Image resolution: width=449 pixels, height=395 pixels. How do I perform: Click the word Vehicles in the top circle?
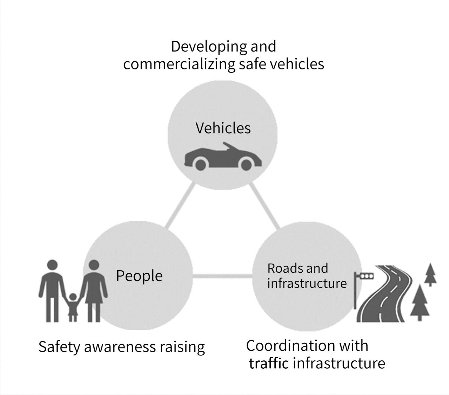(x=223, y=128)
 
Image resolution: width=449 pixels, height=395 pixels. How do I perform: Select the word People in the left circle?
(x=139, y=276)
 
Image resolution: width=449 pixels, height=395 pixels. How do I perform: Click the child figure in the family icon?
(x=73, y=306)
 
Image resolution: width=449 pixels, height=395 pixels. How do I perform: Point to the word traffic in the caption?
(x=269, y=363)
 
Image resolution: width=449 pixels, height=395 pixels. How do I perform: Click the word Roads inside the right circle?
(x=281, y=268)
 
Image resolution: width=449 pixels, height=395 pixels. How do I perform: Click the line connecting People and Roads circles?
(x=222, y=276)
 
